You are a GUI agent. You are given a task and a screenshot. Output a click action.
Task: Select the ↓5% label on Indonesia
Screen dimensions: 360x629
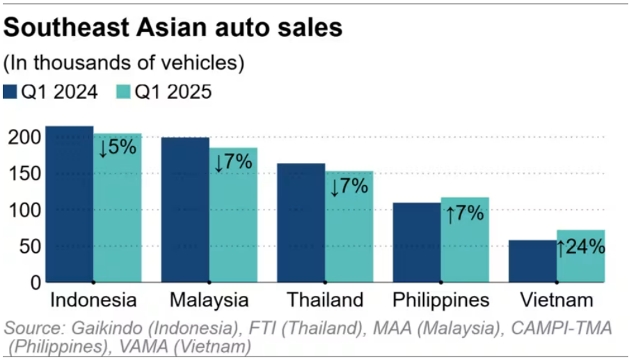click(118, 147)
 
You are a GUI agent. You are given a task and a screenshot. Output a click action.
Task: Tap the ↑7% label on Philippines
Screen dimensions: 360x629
click(465, 213)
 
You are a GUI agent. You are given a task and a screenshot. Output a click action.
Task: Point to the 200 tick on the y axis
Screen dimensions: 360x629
click(23, 137)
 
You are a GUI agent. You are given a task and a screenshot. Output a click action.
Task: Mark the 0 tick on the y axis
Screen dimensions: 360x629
click(33, 282)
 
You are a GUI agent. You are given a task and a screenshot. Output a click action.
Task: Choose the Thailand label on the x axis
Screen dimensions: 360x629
click(325, 301)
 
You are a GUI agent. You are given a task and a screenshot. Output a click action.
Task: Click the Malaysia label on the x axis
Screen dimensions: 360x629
click(209, 301)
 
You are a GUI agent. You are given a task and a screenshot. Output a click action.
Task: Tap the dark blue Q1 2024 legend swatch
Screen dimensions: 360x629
click(10, 92)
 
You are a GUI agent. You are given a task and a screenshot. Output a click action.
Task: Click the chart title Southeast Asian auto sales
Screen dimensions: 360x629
click(173, 28)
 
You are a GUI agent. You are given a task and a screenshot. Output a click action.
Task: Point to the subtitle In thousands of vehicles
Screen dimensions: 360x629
click(125, 63)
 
